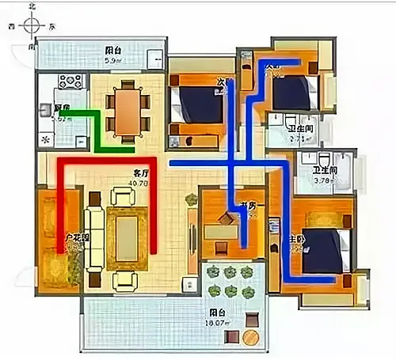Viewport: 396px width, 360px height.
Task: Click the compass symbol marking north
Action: (32, 25)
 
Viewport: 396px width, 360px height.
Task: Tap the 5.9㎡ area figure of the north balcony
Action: (112, 59)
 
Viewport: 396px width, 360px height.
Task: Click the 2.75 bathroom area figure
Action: (296, 138)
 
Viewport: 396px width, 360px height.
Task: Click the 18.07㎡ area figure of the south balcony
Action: (217, 323)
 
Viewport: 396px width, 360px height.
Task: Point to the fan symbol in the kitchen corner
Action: (45, 140)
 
